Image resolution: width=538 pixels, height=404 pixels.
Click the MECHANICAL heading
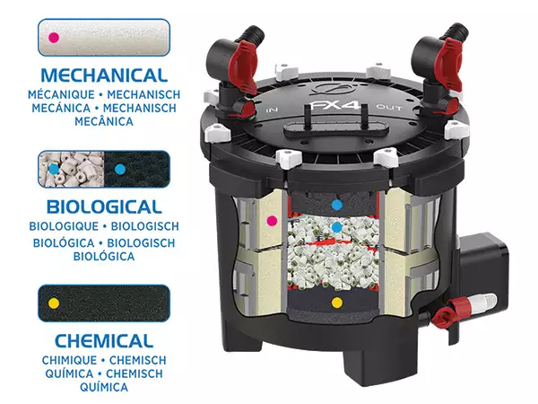pos(104,75)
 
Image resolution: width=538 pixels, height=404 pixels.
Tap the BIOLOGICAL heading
pos(104,206)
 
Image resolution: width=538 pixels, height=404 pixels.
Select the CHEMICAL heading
pos(104,341)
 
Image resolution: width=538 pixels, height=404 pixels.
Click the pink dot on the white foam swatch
pos(54,38)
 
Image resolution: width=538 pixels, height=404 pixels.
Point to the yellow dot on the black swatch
pos(54,303)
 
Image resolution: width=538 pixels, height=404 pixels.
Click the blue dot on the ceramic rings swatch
pos(54,169)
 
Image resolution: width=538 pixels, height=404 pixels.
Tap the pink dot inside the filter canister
pos(272,221)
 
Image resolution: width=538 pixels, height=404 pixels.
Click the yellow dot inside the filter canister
pos(337,303)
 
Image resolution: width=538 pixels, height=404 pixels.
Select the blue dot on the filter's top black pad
pos(337,206)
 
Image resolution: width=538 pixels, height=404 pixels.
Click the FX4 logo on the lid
pos(334,104)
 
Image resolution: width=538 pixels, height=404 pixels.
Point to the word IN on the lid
pos(272,110)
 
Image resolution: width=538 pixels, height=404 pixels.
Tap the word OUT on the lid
pos(389,107)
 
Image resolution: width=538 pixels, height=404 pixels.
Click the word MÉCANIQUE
pos(61,94)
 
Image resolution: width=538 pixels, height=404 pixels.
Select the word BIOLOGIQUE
pos(64,226)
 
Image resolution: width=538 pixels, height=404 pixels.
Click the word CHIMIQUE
pos(69,360)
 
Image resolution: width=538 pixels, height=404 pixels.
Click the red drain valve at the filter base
pos(447,312)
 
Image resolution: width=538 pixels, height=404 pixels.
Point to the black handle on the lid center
pos(336,127)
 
